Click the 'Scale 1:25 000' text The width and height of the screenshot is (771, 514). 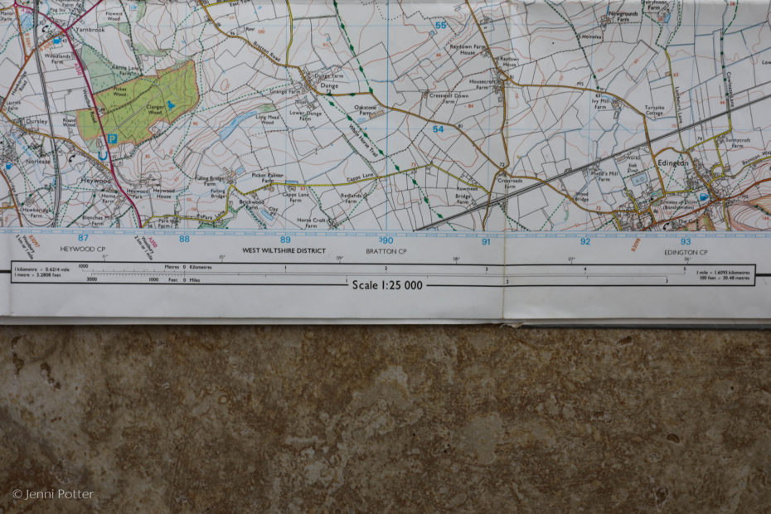point(387,285)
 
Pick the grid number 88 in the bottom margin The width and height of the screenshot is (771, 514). point(184,239)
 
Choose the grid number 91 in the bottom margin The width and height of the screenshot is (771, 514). point(487,242)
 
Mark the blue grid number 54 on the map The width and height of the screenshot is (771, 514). point(439,129)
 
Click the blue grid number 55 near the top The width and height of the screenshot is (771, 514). point(440,26)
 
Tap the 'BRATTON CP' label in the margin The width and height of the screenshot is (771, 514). point(386,251)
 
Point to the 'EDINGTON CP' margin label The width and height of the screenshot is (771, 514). point(686,252)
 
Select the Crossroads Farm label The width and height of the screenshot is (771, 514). point(510,183)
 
